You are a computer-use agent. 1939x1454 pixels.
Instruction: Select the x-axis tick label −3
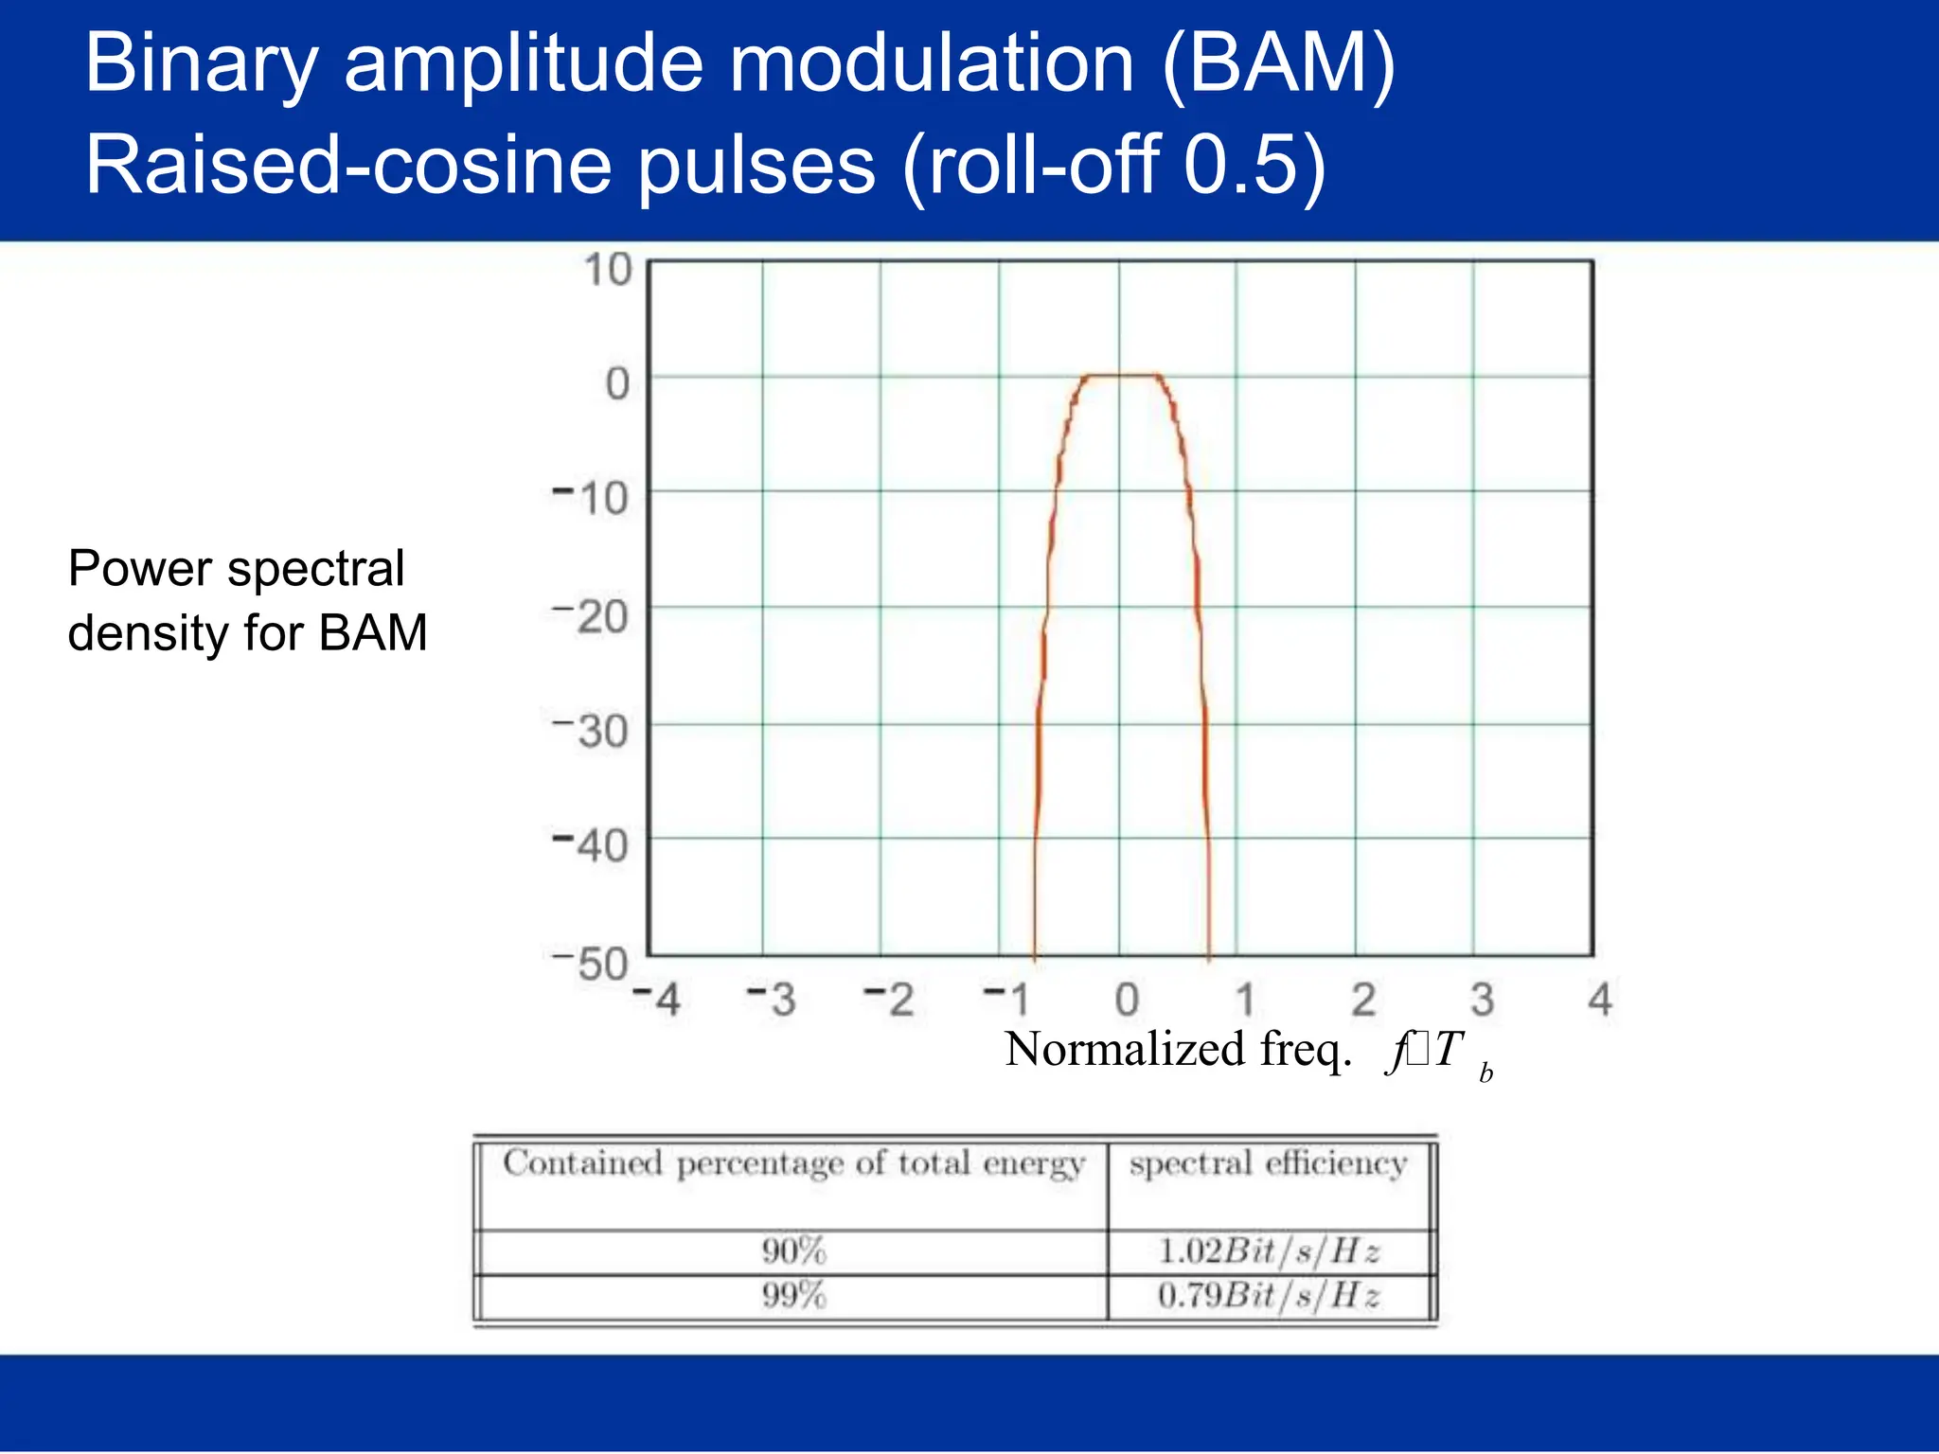[x=772, y=1000]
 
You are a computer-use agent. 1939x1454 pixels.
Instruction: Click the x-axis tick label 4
[x=1599, y=1000]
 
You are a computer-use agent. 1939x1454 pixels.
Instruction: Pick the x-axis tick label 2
[x=1362, y=1000]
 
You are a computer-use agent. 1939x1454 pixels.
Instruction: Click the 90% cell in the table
[x=793, y=1251]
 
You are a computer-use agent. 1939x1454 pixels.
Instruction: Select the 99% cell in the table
[x=793, y=1295]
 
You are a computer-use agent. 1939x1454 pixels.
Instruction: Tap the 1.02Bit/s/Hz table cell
[x=1269, y=1251]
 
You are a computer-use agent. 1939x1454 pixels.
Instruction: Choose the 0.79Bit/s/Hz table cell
[x=1269, y=1295]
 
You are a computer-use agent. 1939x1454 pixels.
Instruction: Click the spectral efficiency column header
[x=1268, y=1163]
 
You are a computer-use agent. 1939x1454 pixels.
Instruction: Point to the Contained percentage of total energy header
[x=793, y=1163]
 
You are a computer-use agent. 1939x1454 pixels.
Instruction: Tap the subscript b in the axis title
[x=1485, y=1073]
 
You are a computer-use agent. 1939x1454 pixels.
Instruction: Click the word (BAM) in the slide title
[x=1277, y=64]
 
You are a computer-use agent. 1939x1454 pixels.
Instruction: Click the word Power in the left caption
[x=140, y=569]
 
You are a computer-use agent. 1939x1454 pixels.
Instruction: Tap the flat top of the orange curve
[x=1121, y=376]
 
